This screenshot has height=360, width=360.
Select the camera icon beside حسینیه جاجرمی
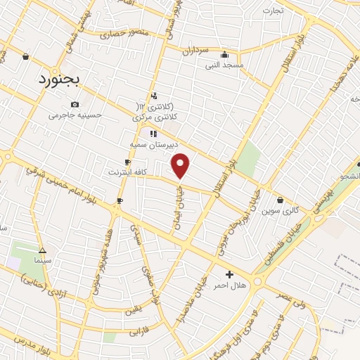tap(75, 105)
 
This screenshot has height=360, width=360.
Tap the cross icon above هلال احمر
tap(229, 274)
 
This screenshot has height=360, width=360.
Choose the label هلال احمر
tap(229, 285)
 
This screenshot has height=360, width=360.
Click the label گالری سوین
tap(281, 210)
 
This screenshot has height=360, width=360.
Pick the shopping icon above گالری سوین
tap(281, 200)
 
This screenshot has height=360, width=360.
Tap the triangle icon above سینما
tap(42, 250)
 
